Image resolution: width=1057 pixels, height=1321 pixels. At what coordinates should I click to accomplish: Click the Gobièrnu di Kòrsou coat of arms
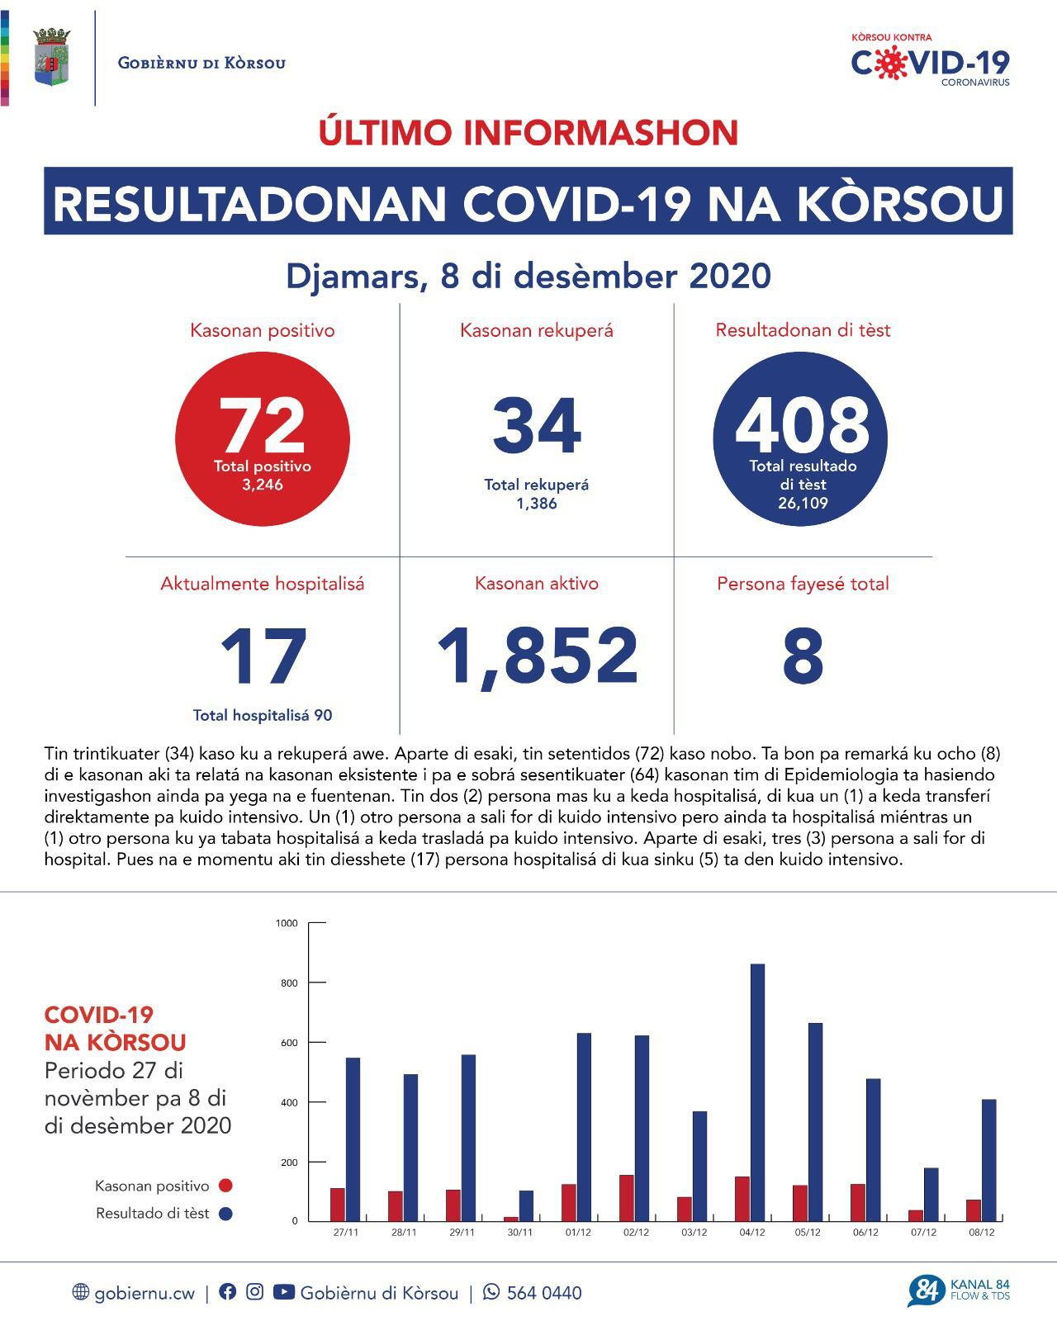pos(52,57)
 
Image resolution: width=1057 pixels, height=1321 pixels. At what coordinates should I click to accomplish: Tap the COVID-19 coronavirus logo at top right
pos(930,60)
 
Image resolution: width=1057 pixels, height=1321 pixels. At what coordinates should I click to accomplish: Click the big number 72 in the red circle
pos(262,425)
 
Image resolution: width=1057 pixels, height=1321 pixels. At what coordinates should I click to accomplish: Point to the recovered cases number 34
pos(537,426)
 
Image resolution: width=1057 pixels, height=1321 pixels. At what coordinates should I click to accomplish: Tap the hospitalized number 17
pos(263,657)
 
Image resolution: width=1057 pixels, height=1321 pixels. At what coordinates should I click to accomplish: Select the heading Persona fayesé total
pos(803,584)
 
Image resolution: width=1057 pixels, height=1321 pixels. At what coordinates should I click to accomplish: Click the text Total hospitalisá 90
pos(263,715)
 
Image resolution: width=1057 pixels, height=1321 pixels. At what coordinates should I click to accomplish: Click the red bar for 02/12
pos(627,1197)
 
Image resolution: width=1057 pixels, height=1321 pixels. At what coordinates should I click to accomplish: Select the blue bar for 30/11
pos(526,1205)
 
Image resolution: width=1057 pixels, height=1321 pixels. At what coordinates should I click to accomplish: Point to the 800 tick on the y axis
pos(287,982)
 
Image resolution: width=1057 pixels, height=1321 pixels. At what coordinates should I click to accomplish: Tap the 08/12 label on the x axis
pos(982,1233)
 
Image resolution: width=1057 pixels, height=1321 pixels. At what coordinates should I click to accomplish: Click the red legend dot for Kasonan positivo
pos(225,1186)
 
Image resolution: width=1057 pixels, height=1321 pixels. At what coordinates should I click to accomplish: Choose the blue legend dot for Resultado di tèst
pos(225,1214)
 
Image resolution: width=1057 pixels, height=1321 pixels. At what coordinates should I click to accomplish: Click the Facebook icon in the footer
pos(227,1292)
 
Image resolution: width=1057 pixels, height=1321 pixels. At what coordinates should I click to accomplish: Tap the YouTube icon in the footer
pos(283,1292)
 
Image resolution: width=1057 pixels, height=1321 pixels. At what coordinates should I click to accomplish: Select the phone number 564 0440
pos(543,1293)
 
